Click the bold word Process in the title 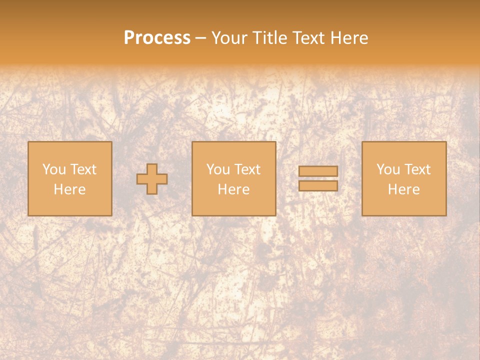click(x=157, y=38)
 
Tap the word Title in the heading click(x=267, y=38)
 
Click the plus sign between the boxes click(x=152, y=179)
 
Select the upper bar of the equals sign click(x=318, y=171)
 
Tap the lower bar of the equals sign click(x=318, y=186)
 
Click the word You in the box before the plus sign click(x=54, y=169)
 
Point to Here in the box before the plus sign click(x=69, y=189)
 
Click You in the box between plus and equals click(x=218, y=169)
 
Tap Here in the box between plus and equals click(x=233, y=189)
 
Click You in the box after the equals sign click(x=388, y=169)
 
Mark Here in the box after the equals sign click(x=403, y=189)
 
